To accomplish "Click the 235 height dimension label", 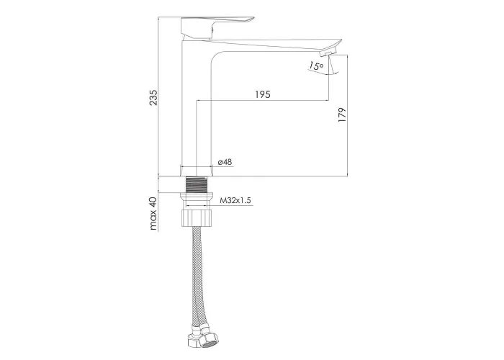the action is point(154,97).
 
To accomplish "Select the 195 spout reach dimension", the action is point(263,94).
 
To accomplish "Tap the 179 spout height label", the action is point(342,114).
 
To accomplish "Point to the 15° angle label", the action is point(316,66).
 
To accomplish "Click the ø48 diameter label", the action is point(225,162).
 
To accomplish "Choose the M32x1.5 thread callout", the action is point(235,201).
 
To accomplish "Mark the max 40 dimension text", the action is point(153,213).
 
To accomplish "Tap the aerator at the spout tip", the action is point(330,51).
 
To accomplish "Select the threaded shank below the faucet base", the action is point(197,185).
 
